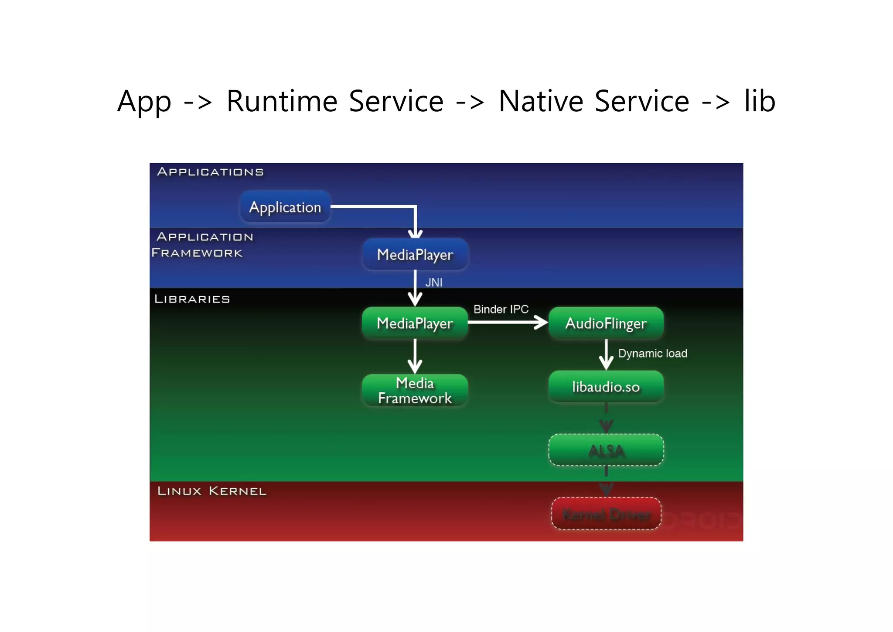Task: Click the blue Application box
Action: [285, 207]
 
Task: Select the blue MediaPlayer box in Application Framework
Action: [415, 254]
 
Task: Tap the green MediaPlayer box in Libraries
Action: [415, 323]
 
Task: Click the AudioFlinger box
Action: [606, 323]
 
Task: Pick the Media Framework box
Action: [415, 390]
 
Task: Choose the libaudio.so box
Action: [606, 387]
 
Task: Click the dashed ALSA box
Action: [606, 450]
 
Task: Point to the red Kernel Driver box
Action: [606, 514]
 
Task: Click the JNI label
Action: [433, 283]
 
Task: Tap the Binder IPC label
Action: [501, 309]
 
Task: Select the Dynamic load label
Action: [652, 354]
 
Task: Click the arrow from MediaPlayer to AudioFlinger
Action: [506, 323]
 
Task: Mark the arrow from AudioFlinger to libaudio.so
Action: [606, 354]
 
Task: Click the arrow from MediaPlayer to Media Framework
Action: [415, 356]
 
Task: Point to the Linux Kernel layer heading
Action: [211, 491]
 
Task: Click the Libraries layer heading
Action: [192, 299]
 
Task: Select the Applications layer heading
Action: [210, 172]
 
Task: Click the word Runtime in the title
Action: [282, 101]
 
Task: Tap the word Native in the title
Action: [541, 101]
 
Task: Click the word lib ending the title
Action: [760, 101]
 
